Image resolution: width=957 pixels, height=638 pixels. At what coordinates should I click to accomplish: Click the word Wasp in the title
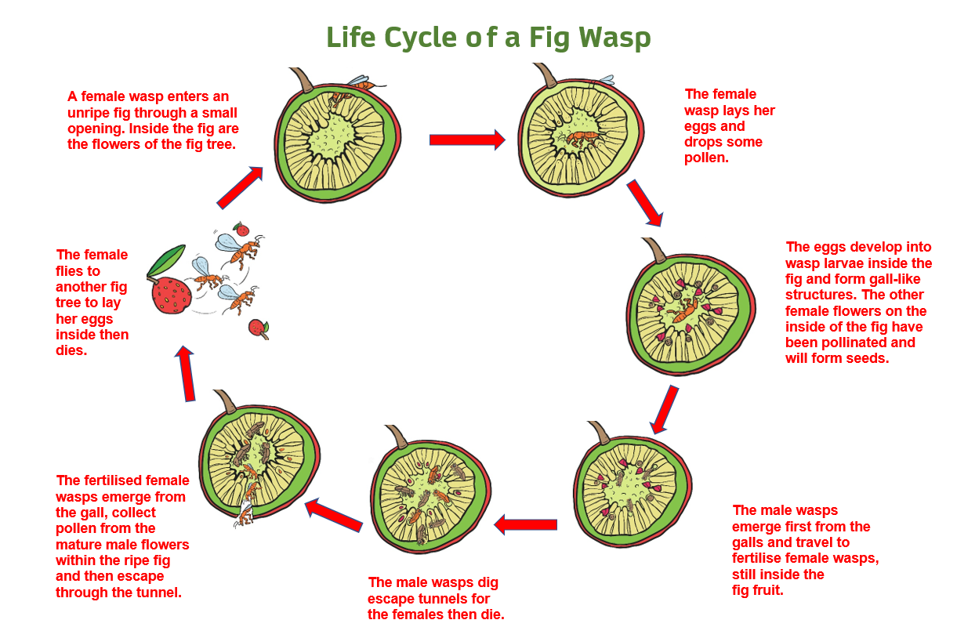pos(614,37)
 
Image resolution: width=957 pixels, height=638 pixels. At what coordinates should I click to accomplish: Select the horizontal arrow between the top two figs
pos(467,140)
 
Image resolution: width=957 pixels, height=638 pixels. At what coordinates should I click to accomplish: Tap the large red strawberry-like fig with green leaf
pos(171,295)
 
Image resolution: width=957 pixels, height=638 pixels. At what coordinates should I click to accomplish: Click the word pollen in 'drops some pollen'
pos(706,158)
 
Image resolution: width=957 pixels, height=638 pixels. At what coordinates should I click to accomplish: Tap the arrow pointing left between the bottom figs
pos(525,524)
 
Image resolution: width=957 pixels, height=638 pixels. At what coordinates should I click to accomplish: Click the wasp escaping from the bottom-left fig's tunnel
pos(245,514)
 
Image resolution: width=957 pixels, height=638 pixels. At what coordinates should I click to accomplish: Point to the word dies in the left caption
pos(71,350)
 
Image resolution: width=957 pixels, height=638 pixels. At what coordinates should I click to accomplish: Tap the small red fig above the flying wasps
pos(241,229)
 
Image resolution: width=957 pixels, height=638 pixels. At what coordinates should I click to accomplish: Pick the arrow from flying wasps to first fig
pos(240,187)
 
